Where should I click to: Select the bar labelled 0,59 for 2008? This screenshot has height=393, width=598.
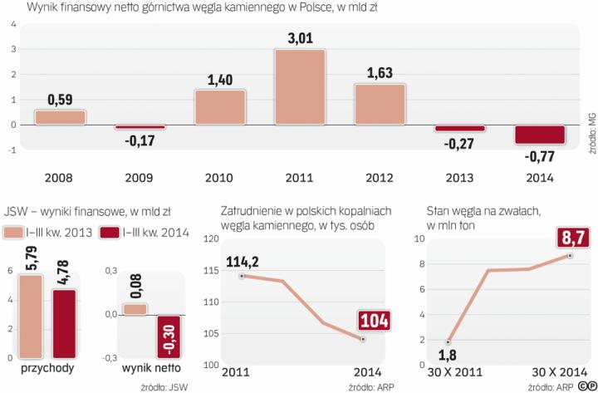[60, 117]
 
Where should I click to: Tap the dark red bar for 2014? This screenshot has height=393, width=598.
[541, 135]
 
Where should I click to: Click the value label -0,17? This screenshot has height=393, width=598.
[140, 141]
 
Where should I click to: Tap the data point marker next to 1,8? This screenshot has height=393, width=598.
[449, 342]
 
